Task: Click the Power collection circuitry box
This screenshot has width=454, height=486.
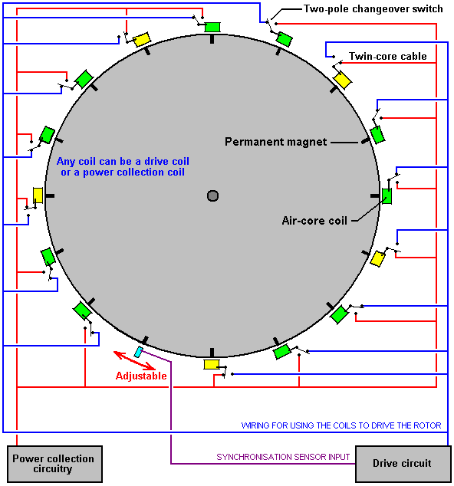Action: point(54,464)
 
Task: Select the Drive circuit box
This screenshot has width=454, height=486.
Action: point(403,464)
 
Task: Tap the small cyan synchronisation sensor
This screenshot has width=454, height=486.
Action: point(139,352)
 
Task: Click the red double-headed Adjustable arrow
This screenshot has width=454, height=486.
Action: point(134,360)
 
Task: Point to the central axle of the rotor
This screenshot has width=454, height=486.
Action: point(212,196)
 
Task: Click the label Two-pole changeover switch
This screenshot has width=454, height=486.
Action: point(373,9)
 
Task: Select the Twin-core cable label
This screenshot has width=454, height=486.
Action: point(387,56)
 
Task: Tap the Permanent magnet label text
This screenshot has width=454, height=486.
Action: point(275,142)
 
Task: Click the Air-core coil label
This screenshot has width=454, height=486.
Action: point(314,220)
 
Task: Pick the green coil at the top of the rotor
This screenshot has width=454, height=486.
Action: point(212,27)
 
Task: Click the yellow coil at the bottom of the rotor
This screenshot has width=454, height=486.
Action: point(212,365)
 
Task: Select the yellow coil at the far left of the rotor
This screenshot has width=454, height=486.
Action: point(38,195)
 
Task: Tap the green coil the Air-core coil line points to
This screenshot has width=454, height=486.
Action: point(387,196)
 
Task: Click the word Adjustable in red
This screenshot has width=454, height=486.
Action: point(141,376)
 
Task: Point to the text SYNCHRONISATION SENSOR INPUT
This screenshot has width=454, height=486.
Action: point(283,457)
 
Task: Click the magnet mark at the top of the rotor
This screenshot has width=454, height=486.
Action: point(212,39)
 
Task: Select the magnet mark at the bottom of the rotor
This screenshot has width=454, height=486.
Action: point(212,353)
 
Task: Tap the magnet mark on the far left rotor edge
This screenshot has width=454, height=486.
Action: point(50,196)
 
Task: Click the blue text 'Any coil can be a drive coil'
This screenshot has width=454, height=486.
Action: point(123,161)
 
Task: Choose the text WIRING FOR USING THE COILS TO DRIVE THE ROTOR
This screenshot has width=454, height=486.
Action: point(341,425)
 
